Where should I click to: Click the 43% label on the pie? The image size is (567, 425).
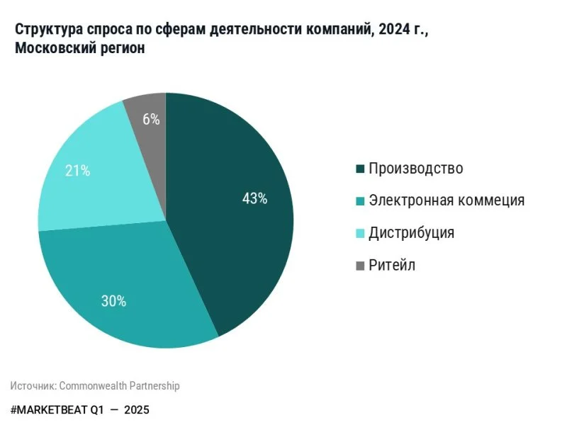pyautogui.click(x=254, y=199)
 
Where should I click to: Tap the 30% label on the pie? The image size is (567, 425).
pyautogui.click(x=113, y=301)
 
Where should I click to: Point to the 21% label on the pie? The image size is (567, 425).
pyautogui.click(x=77, y=170)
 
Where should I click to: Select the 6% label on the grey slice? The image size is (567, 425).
pyautogui.click(x=151, y=119)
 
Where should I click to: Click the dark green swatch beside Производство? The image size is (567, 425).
pyautogui.click(x=359, y=169)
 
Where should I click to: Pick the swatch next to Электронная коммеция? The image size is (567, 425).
pyautogui.click(x=359, y=201)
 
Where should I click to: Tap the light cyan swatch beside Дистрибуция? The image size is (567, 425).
pyautogui.click(x=359, y=234)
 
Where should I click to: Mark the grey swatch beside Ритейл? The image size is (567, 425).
pyautogui.click(x=359, y=266)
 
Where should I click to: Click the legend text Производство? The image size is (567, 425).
pyautogui.click(x=416, y=169)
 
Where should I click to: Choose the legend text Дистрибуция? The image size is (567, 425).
pyautogui.click(x=412, y=233)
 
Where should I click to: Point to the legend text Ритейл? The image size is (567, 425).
pyautogui.click(x=392, y=266)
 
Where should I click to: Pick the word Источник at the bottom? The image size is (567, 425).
pyautogui.click(x=33, y=386)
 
